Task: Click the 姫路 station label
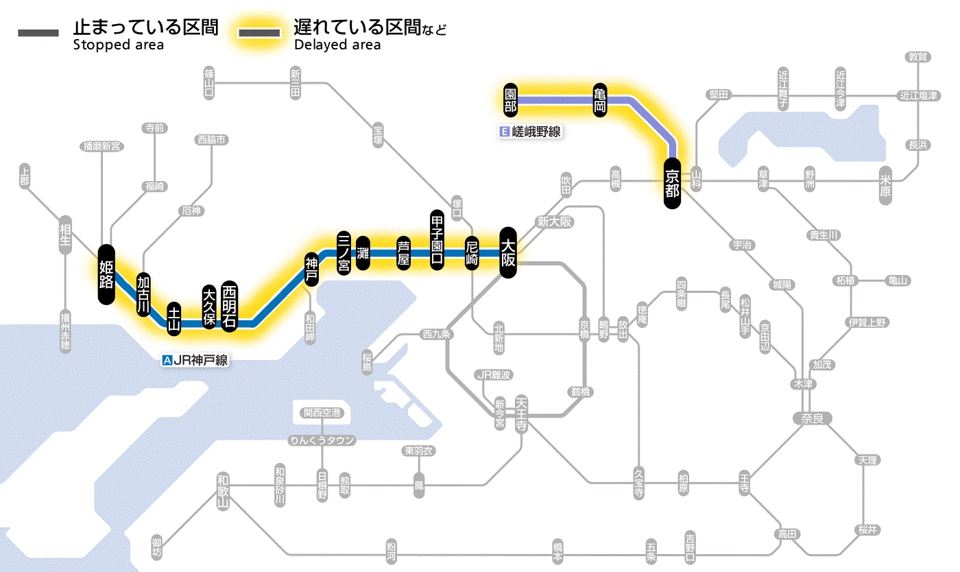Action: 106,274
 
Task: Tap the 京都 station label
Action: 672,182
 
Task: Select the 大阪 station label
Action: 507,252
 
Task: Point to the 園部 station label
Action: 510,100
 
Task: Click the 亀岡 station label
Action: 601,100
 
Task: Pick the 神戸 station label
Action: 312,270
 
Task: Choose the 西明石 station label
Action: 229,306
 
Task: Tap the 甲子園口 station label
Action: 437,240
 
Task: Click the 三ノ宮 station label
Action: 344,252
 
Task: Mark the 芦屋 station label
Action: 404,253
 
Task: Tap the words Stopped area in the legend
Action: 118,45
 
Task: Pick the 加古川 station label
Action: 143,294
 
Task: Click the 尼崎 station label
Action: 472,253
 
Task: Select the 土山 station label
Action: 175,318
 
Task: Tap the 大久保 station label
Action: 209,307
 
